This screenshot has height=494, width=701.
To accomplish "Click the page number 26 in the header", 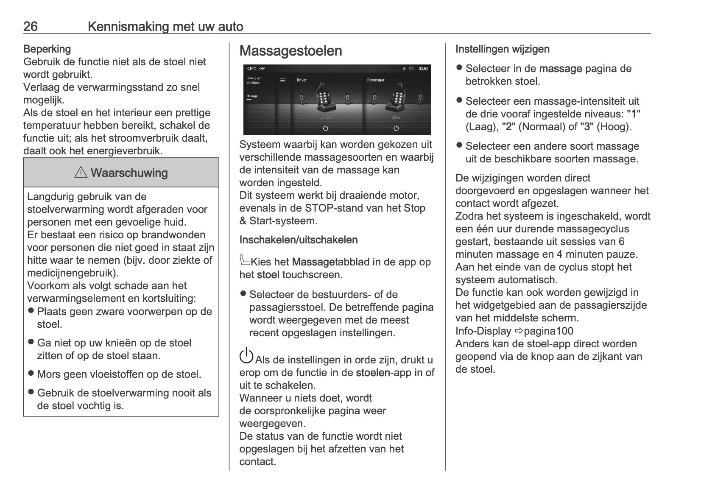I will pyautogui.click(x=31, y=27).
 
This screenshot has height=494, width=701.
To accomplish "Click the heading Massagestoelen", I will pyautogui.click(x=290, y=51).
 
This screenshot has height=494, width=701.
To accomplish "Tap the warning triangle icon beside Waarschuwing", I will pyautogui.click(x=81, y=173).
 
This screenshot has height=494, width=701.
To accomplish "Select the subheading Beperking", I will pyautogui.click(x=47, y=49).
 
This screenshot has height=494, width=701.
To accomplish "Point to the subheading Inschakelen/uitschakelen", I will pyautogui.click(x=298, y=240).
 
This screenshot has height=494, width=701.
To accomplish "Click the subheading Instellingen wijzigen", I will pyautogui.click(x=502, y=49).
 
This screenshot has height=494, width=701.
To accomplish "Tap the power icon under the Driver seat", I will pyautogui.click(x=325, y=128).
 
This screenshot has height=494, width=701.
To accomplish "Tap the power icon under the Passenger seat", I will pyautogui.click(x=396, y=128).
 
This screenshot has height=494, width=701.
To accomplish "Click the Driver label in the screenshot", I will pyautogui.click(x=302, y=80).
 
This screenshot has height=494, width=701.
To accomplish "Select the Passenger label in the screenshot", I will pyautogui.click(x=375, y=80).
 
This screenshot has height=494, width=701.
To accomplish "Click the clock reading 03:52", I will pyautogui.click(x=423, y=69).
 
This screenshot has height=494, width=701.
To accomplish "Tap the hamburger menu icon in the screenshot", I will pyautogui.click(x=282, y=80).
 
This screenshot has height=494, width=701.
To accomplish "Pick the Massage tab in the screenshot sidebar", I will pyautogui.click(x=252, y=97).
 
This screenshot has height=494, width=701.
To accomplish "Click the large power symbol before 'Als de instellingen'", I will pyautogui.click(x=246, y=355).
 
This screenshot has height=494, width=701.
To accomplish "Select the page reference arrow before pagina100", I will pyautogui.click(x=519, y=331).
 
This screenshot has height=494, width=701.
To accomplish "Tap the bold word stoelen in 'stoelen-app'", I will pyautogui.click(x=373, y=373).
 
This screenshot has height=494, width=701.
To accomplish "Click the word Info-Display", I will pyautogui.click(x=483, y=331).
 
